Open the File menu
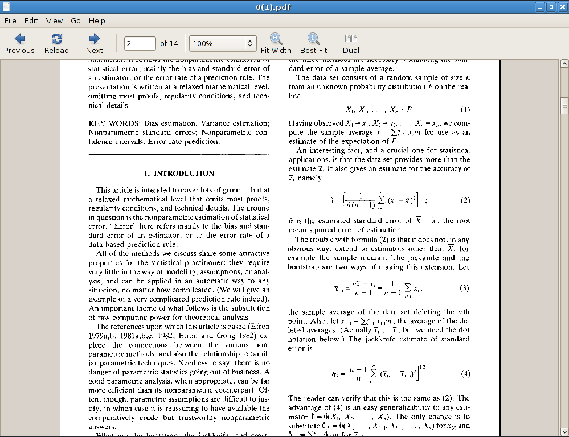(10, 21)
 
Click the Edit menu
(31, 21)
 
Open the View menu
(54, 21)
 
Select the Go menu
(76, 21)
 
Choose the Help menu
(97, 21)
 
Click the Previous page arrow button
(19, 43)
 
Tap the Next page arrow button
(95, 43)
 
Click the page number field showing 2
(140, 43)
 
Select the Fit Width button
(276, 43)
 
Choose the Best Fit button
(313, 43)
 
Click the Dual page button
(351, 43)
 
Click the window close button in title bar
(562, 7)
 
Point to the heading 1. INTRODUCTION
(179, 173)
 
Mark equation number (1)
(465, 109)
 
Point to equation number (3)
(464, 288)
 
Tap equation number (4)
(465, 374)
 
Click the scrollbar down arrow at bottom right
(564, 431)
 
